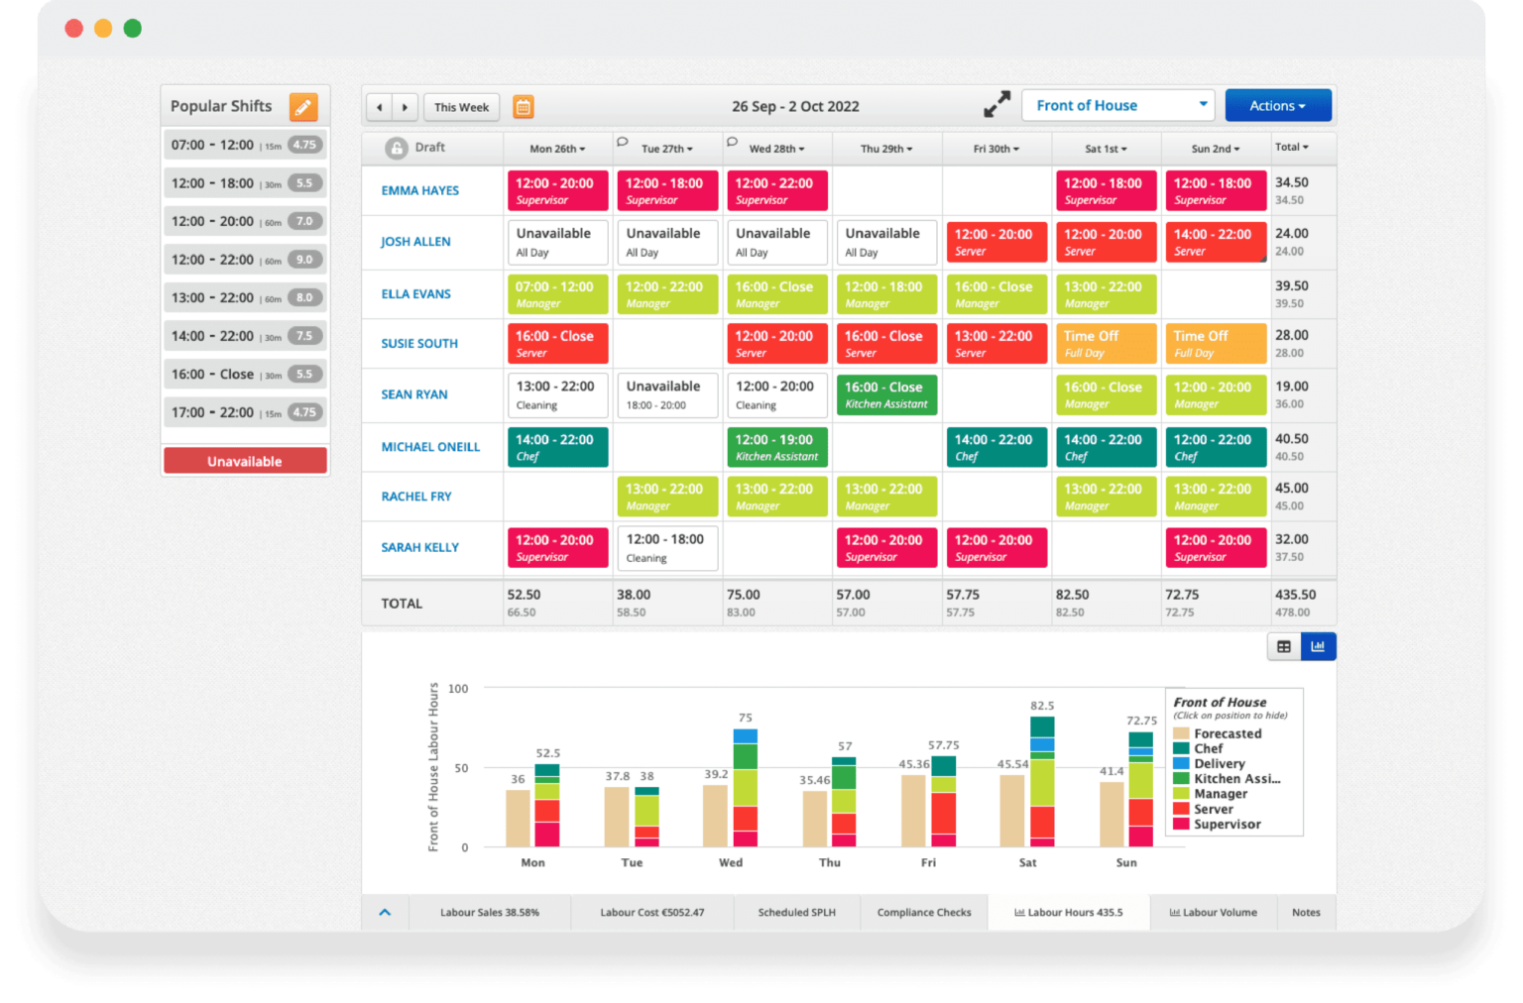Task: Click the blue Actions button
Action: (1277, 106)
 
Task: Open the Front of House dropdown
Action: (1117, 106)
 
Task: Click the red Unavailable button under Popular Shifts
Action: (245, 461)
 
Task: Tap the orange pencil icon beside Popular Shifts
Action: (303, 106)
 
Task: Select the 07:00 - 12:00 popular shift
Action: (245, 145)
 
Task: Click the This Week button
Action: (461, 107)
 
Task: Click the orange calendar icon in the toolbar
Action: (524, 107)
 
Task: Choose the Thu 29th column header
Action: (885, 149)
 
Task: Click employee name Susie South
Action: (419, 344)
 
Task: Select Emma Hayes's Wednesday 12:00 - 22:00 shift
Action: (776, 191)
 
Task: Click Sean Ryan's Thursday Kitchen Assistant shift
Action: (885, 394)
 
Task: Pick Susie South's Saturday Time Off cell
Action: (1105, 344)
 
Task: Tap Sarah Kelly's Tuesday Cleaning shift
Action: (666, 548)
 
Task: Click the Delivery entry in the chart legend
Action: (1219, 764)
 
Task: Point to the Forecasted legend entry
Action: (1227, 733)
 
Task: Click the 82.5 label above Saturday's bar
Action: (1042, 706)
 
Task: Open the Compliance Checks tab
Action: (924, 913)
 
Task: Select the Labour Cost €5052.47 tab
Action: (651, 913)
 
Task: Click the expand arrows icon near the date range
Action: (996, 105)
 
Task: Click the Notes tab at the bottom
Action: (1306, 913)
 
